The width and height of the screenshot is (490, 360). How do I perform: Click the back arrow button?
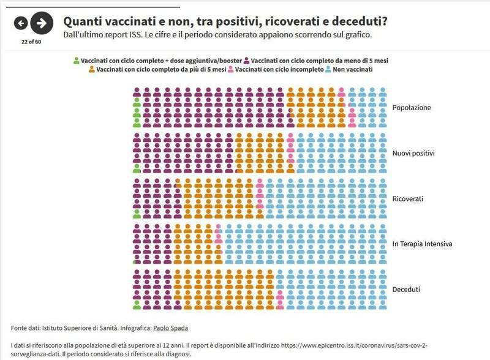[21, 23]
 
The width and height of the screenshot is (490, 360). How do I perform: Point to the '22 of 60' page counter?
[31, 42]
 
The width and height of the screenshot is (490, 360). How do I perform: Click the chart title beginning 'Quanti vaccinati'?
[225, 21]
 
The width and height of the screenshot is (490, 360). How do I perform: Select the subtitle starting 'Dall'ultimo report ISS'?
[217, 34]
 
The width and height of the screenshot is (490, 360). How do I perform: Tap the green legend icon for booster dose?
[77, 61]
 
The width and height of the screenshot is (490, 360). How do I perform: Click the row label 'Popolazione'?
[412, 108]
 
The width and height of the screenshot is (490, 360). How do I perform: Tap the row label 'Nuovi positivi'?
[415, 153]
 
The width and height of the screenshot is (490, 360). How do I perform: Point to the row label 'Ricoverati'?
[408, 199]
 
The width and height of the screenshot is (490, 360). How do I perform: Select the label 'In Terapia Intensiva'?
[422, 244]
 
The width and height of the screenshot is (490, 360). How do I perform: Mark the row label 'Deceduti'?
[407, 289]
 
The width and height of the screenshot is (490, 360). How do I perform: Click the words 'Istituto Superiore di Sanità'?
[82, 328]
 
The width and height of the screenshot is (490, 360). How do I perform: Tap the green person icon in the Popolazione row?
[137, 113]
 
